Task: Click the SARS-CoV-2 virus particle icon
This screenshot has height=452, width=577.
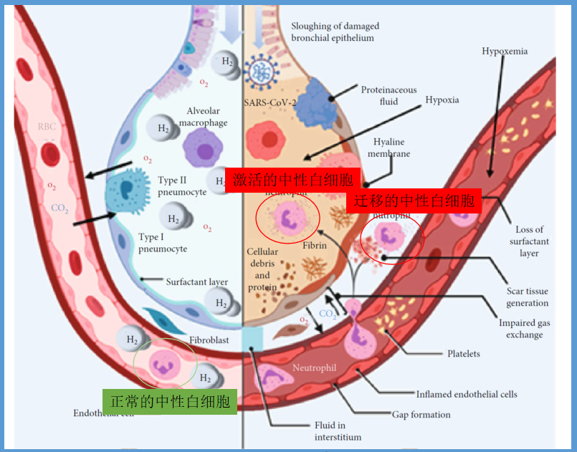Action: [x=261, y=72]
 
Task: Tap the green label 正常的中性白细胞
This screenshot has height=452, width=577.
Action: [x=169, y=401]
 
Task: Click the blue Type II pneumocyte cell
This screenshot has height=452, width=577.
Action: [x=127, y=191]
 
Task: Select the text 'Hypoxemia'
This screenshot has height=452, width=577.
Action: [x=505, y=52]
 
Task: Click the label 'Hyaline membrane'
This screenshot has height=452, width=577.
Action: [x=391, y=148]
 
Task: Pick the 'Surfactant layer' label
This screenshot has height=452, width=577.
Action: [x=196, y=282]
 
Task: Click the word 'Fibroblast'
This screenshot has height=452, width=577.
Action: [x=209, y=340]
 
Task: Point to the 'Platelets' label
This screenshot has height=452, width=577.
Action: [x=464, y=353]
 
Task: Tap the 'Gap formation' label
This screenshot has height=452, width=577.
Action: [x=421, y=414]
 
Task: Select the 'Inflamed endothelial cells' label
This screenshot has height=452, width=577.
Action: [x=467, y=394]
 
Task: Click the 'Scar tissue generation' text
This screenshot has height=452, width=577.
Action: [x=528, y=297]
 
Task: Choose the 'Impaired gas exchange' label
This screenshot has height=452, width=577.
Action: [x=524, y=329]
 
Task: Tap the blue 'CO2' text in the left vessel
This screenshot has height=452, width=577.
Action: [x=60, y=208]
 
